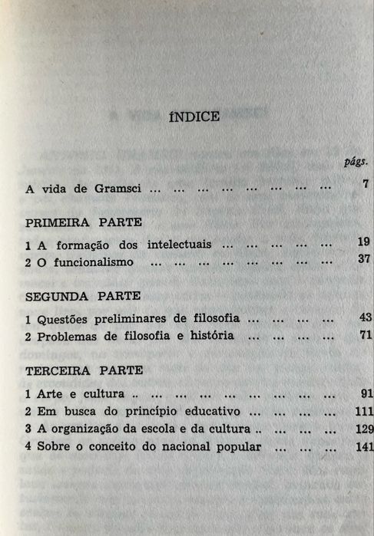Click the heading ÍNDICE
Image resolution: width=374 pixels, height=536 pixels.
194,117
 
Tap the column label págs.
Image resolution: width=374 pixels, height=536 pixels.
357,163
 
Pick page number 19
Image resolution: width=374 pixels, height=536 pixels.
364,242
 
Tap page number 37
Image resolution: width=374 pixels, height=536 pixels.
364,260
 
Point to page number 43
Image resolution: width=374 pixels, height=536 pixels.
364,317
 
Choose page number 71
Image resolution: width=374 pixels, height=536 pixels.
364,334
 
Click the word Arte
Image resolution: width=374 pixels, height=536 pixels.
48,393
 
